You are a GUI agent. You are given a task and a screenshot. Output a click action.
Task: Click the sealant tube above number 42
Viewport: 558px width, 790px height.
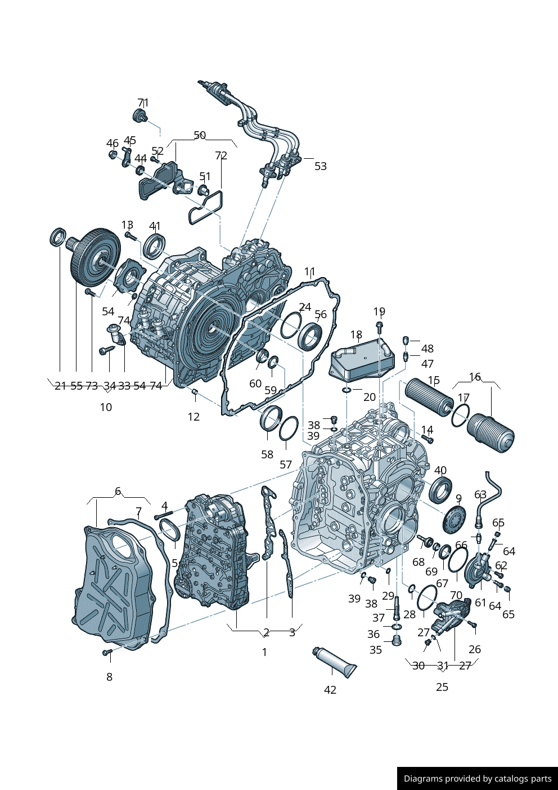coord(334,662)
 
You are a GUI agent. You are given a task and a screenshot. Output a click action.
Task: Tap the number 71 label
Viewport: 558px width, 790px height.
coord(143,103)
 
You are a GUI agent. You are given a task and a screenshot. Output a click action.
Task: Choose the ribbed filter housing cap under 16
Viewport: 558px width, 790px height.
coord(490,434)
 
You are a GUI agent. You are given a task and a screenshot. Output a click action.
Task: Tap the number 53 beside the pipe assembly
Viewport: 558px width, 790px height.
coord(321,166)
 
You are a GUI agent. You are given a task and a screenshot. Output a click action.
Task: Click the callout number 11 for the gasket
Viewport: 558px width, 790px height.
coord(309,272)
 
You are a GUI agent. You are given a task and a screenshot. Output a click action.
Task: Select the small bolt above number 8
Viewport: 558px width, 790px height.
coord(107,653)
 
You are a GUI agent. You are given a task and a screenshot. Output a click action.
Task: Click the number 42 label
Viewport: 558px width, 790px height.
coord(330,690)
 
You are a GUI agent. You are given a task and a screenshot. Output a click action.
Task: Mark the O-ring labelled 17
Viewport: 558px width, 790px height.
coord(460,417)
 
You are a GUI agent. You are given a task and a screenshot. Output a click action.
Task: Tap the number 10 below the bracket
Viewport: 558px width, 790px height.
coord(106,407)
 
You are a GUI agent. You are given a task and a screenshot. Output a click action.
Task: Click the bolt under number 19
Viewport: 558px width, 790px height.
coord(379,326)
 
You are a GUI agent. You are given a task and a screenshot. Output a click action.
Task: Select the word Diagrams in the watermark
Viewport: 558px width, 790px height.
coord(422,779)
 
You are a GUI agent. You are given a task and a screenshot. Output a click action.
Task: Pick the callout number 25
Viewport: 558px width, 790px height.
coord(442,687)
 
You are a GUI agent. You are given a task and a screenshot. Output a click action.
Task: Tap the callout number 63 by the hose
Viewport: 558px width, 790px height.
coord(480,494)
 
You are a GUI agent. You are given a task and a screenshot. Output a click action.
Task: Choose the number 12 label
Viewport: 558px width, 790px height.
coord(193,417)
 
